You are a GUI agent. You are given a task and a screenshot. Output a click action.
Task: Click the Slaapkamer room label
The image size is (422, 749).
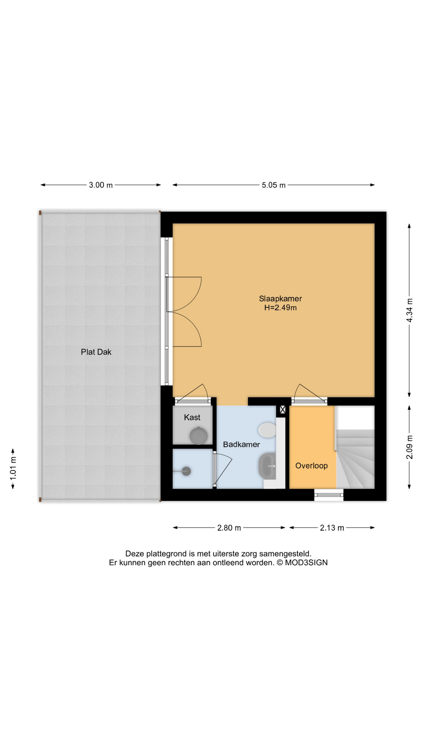point(280,298)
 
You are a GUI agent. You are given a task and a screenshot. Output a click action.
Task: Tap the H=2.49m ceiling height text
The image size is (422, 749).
point(280,308)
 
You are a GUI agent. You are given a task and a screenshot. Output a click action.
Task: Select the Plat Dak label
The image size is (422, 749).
point(96,352)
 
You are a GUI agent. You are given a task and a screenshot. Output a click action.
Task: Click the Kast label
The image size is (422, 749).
point(192,417)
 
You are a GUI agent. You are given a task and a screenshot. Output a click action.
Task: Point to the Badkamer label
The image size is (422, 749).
point(241,444)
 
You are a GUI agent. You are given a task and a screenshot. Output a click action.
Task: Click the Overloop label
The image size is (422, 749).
point(311,465)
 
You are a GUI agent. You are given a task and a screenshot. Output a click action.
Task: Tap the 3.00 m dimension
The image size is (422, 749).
point(100,185)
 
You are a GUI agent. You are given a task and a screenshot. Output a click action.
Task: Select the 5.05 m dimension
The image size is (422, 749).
point(274,185)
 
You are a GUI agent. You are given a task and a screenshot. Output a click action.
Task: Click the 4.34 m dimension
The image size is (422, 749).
point(409,310)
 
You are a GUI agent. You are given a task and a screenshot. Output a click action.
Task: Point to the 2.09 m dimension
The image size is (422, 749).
point(409,447)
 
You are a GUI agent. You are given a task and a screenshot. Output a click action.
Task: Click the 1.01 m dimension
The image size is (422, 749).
point(13,468)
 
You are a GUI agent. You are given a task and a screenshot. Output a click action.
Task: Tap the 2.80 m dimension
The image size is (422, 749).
point(229,528)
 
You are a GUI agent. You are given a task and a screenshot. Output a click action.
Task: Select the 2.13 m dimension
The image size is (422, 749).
point(332,528)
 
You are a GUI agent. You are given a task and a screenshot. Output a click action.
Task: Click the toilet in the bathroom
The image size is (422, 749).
point(267,430)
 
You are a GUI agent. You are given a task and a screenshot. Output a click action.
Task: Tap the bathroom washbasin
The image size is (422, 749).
point(268,465)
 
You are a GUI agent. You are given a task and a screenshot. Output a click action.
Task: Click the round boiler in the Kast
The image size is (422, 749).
point(198,436)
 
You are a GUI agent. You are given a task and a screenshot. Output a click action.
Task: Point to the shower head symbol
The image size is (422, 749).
point(186,471)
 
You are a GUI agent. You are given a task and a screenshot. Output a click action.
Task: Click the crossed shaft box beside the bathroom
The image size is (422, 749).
point(283,410)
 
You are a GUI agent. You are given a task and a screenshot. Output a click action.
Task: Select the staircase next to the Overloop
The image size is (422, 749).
point(356,458)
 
